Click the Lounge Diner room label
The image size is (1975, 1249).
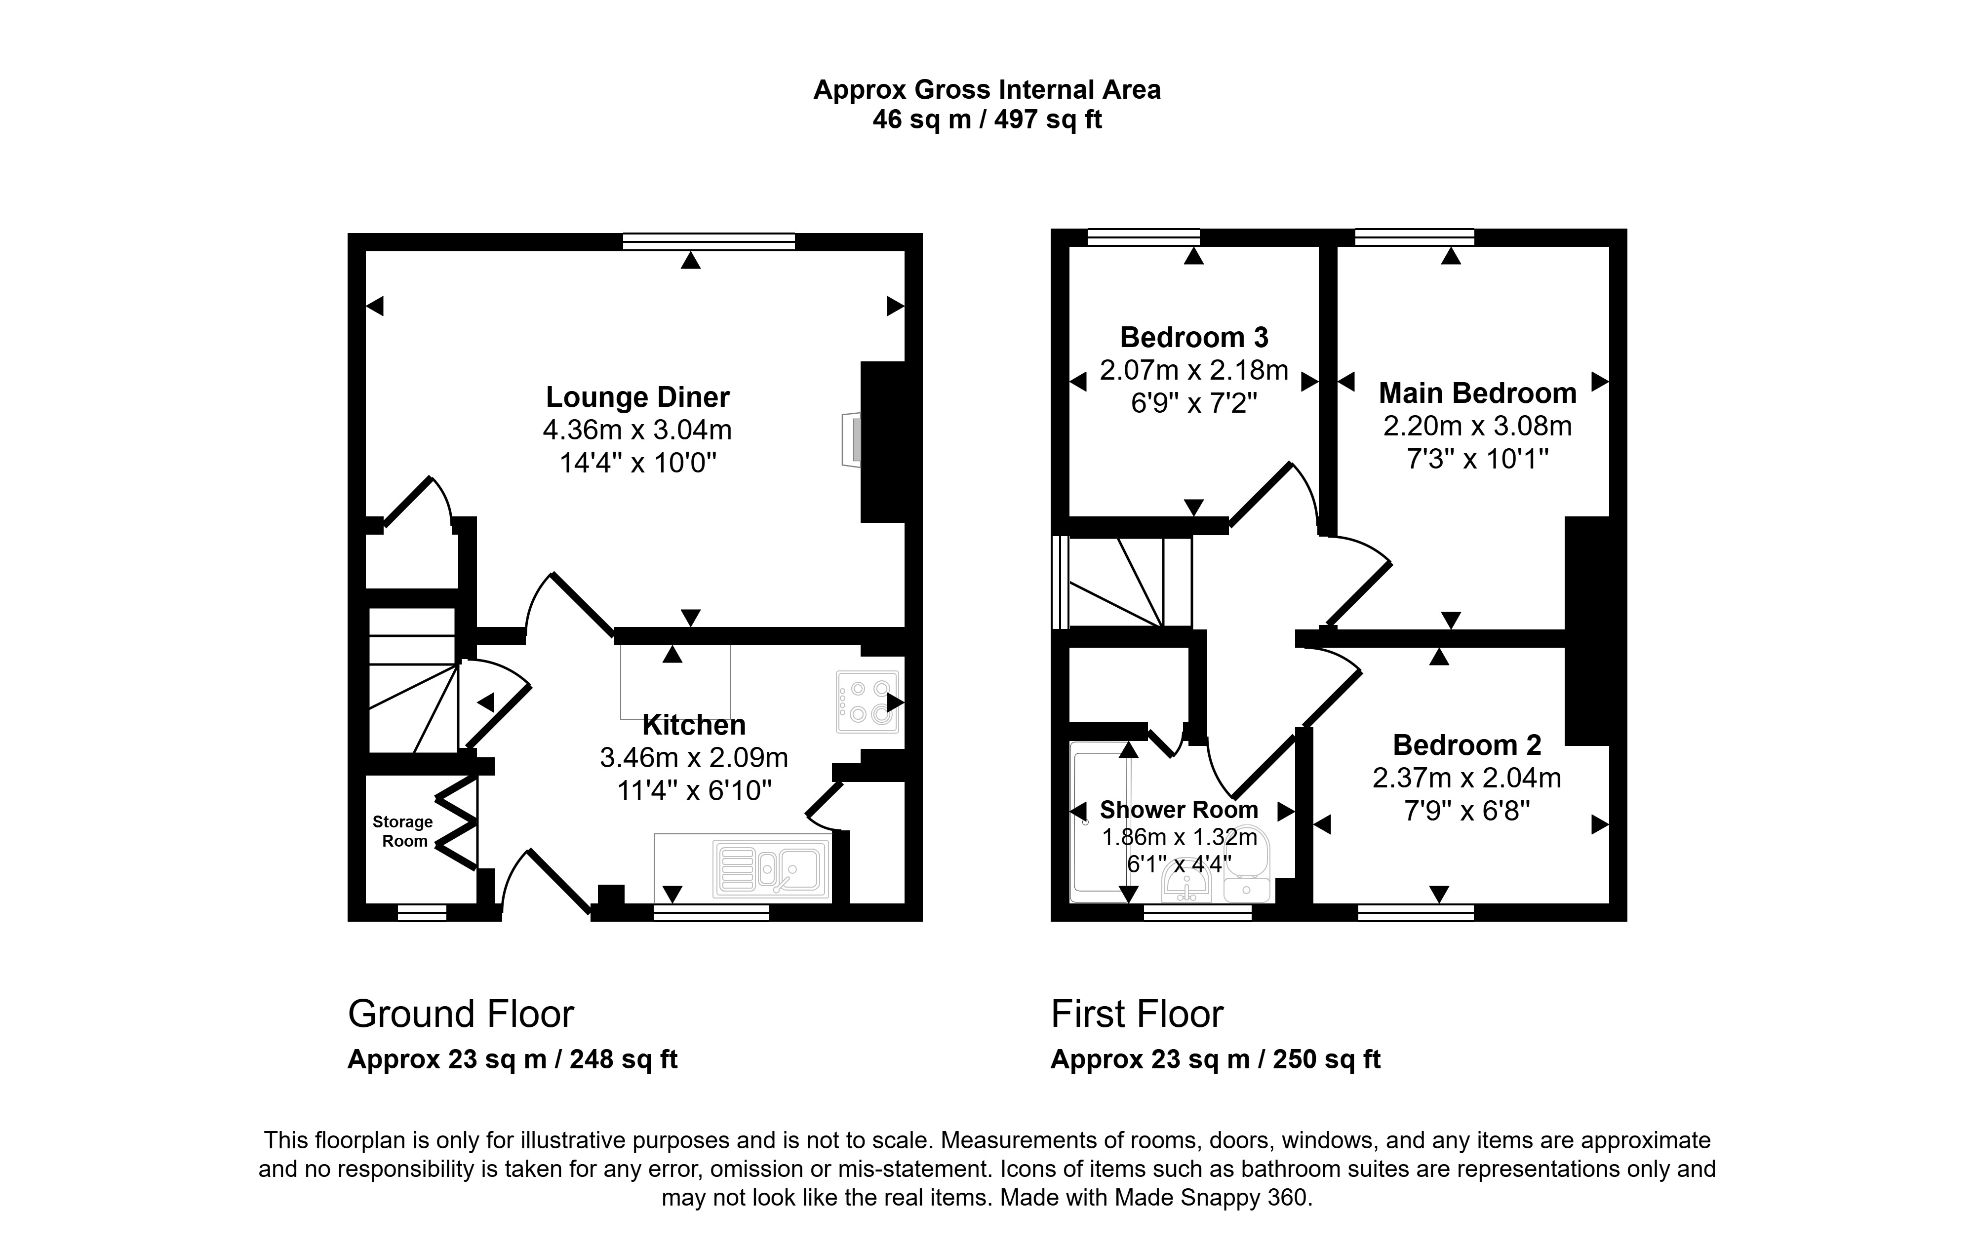point(637,397)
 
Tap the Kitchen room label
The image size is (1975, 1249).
point(694,725)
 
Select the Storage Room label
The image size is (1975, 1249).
point(403,831)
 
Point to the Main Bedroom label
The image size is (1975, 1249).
point(1477,393)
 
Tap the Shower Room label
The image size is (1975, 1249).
point(1179,810)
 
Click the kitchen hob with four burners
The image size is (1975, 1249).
point(867,702)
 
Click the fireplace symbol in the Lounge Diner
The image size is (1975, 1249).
point(851,439)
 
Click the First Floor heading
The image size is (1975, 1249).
point(1137,1015)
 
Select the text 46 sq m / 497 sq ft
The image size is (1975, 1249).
point(987,120)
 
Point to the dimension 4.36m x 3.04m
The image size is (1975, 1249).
point(637,429)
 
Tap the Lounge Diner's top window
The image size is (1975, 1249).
point(709,241)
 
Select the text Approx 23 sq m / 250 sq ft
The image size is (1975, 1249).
point(1216,1059)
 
